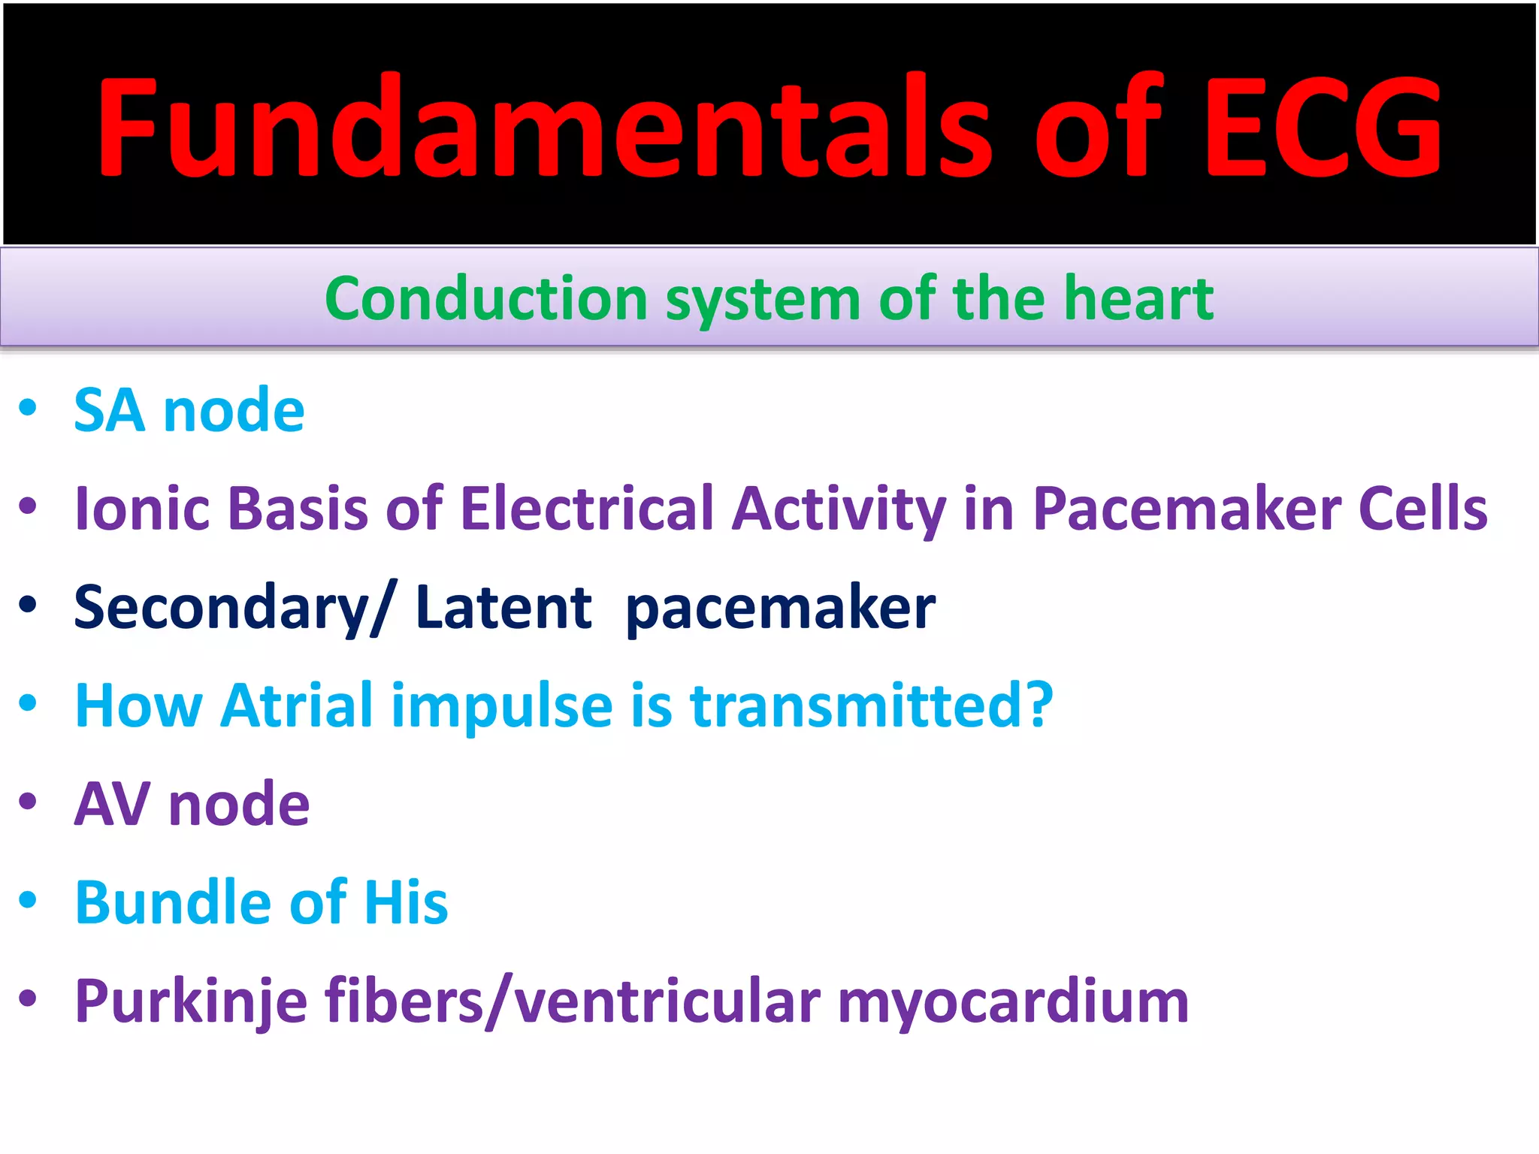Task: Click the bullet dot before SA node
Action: click(x=28, y=407)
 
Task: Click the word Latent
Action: click(x=503, y=607)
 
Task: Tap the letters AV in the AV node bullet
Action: click(x=112, y=804)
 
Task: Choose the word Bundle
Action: click(x=173, y=902)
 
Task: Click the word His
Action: click(x=406, y=902)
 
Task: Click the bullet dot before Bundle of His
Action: click(x=28, y=899)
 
